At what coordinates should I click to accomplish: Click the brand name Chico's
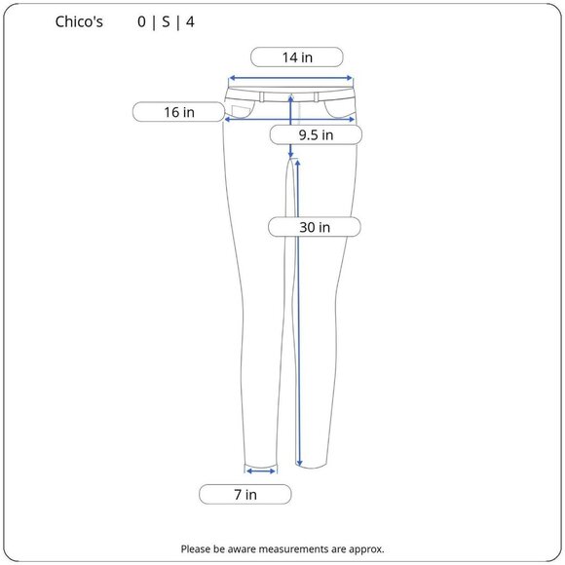pos(79,22)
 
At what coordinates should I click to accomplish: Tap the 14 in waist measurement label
pos(297,57)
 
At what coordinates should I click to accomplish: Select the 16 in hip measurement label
pos(178,112)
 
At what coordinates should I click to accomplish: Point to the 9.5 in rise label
pos(316,135)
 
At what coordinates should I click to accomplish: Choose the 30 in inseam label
pos(315,227)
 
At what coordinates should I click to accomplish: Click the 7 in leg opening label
pos(245,495)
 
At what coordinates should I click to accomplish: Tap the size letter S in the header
pos(166,22)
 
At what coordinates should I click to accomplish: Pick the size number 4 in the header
pos(190,22)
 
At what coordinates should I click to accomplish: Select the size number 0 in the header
pos(141,22)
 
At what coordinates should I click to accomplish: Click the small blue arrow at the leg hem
pos(261,471)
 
